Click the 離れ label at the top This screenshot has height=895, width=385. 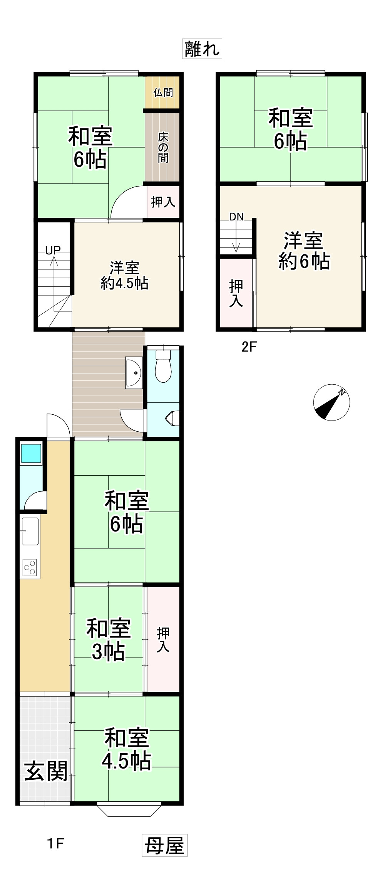tap(202, 49)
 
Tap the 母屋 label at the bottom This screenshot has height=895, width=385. tap(164, 846)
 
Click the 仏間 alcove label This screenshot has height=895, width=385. tap(163, 93)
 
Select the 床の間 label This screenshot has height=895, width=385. tap(163, 147)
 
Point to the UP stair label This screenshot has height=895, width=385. tap(53, 251)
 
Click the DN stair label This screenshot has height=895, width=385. tap(236, 217)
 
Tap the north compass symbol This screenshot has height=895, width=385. tap(331, 402)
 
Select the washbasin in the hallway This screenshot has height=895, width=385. tap(134, 372)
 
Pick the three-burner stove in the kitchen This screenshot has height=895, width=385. tap(30, 568)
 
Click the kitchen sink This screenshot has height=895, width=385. tap(30, 531)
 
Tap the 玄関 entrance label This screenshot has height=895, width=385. tap(46, 771)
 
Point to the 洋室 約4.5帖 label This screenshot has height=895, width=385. tap(124, 275)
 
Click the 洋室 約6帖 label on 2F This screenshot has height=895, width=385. tap(304, 251)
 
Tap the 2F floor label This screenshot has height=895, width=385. tap(249, 347)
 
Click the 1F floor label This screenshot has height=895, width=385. tap(55, 844)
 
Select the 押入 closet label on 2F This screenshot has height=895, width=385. tap(236, 293)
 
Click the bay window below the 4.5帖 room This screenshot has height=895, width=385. tap(129, 810)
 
